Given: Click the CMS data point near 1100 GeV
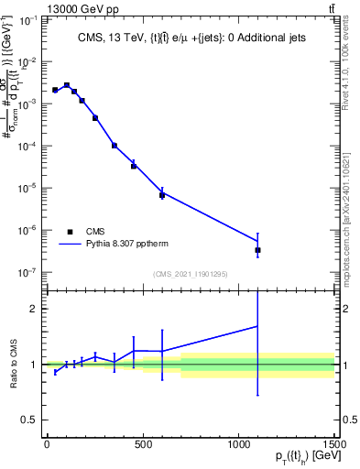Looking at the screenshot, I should pos(257,249).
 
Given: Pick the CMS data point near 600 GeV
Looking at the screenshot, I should pos(162,194).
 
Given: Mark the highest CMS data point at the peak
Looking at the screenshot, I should pos(67,85).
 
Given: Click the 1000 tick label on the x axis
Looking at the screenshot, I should pos(238,451).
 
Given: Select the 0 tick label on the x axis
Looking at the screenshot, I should pos(47,451).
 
